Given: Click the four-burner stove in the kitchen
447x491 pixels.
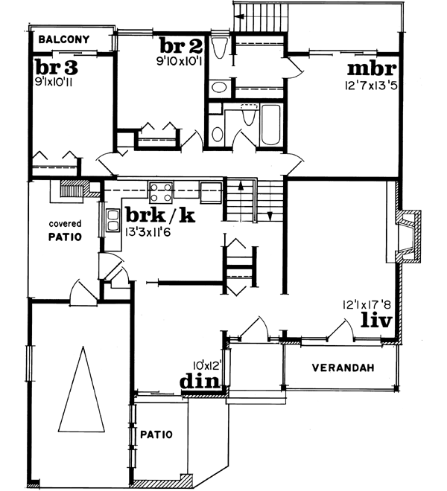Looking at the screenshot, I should click(162, 193).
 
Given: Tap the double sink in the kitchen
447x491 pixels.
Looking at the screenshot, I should click(113, 220).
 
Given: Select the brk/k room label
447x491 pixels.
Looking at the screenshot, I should click(161, 216).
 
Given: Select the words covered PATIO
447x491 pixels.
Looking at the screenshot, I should click(66, 230).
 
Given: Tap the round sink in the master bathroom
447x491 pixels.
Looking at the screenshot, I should click(220, 87).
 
